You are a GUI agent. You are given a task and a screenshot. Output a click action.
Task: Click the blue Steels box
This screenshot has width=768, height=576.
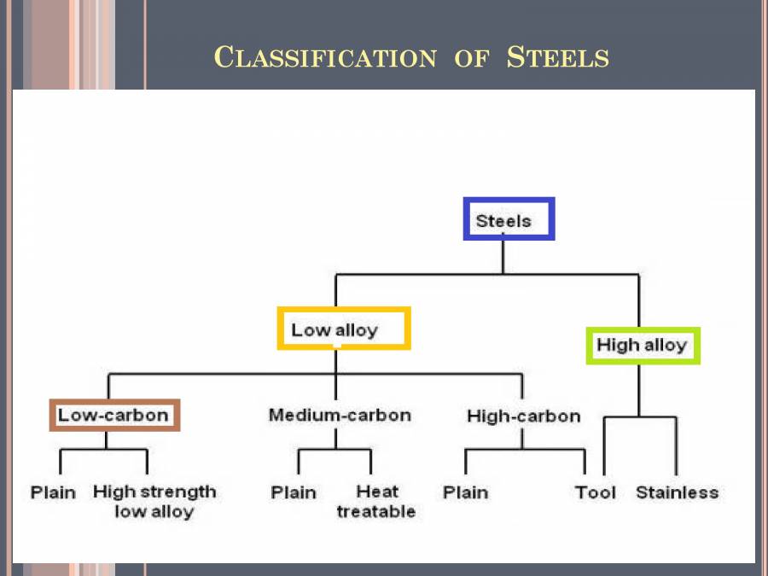point(509,219)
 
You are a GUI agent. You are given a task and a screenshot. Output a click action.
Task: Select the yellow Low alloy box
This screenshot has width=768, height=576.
point(344,329)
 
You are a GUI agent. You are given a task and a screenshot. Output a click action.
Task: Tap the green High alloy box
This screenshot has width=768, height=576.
point(643,346)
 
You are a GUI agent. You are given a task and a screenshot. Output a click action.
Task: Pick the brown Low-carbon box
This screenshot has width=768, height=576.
point(114,416)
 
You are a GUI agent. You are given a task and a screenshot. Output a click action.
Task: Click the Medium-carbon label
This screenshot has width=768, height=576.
point(340,416)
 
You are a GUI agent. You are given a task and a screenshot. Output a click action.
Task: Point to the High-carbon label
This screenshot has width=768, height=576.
point(523,416)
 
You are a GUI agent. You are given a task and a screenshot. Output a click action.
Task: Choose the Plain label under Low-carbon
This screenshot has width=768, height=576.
point(53,492)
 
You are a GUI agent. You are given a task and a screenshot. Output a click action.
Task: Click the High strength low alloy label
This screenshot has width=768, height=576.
point(154,502)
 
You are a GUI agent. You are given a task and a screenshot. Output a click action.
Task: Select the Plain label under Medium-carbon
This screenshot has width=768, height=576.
point(294,492)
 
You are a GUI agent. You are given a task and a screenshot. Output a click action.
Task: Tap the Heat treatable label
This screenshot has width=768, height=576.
point(376,502)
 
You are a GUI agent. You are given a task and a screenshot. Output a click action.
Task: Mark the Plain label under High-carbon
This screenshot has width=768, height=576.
point(466,492)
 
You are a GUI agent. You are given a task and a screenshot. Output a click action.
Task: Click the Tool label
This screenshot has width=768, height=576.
point(596,492)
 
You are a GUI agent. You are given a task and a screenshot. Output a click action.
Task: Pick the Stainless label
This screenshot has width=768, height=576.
point(678,492)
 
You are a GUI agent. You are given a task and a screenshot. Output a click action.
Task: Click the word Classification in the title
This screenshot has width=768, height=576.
point(325,58)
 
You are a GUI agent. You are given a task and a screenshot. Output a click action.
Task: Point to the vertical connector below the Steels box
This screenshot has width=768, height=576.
point(503,257)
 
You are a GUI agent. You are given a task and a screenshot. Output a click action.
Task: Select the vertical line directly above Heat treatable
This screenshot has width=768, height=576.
point(371,462)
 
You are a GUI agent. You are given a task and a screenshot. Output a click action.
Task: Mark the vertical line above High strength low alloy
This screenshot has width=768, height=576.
point(148,462)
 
